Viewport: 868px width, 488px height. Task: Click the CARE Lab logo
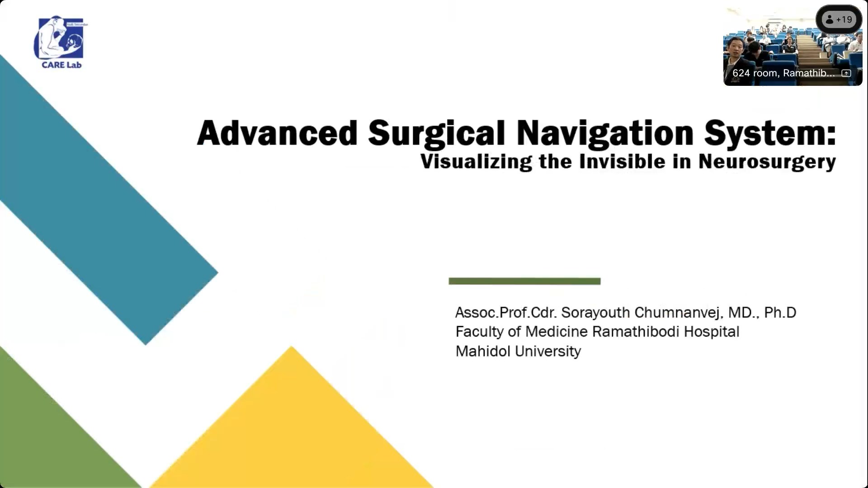[61, 42]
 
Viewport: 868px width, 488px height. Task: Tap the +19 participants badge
[839, 19]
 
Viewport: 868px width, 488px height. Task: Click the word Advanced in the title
[278, 133]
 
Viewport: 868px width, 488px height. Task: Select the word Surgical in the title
[436, 134]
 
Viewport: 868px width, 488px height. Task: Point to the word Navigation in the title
[605, 134]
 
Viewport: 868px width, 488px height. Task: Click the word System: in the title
[770, 134]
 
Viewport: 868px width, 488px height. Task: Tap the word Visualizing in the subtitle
[476, 162]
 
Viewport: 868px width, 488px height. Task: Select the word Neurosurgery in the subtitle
[767, 162]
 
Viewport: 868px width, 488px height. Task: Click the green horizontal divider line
[524, 281]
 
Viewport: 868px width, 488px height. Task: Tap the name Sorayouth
[595, 313]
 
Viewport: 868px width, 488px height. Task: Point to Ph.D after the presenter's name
[780, 312]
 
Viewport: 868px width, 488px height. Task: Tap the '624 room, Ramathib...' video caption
[783, 73]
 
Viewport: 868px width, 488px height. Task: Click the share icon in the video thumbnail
[846, 73]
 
